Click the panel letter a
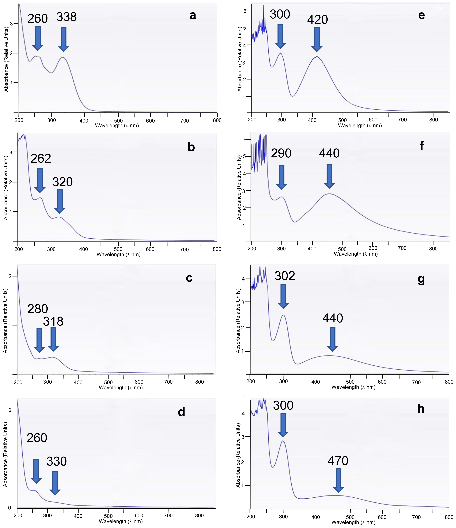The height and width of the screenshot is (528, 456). coord(193,16)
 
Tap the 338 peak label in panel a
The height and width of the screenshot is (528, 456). coord(67,17)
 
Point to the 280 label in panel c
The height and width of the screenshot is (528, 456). coord(38,309)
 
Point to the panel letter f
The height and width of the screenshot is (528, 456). coord(422,146)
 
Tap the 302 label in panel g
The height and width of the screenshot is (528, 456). coord(285,276)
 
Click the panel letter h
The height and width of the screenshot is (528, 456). coord(421,409)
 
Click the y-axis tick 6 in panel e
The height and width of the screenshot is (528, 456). coord(245,11)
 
